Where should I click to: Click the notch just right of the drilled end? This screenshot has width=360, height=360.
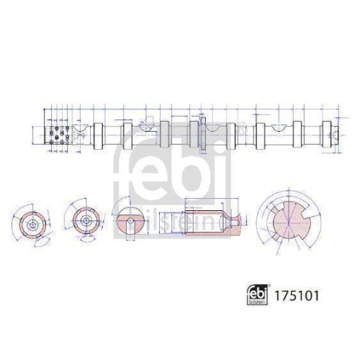point(82,132)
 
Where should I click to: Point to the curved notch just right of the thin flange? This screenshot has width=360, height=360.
point(216,132)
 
